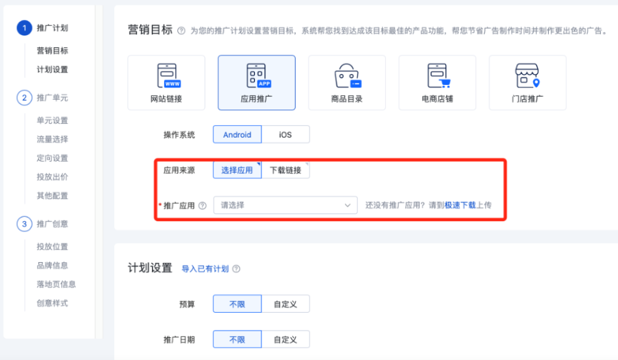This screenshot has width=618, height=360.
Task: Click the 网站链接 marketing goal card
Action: (166, 83)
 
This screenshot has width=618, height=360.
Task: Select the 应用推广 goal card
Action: (257, 83)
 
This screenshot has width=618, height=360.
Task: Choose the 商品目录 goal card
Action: (346, 83)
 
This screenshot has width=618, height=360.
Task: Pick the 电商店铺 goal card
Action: (437, 83)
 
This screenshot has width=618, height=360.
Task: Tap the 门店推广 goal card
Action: (527, 83)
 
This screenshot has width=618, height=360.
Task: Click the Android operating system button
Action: (237, 135)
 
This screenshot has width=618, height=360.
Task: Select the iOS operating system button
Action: (285, 135)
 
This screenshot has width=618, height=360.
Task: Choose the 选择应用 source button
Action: (237, 170)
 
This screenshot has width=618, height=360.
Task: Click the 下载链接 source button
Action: (285, 170)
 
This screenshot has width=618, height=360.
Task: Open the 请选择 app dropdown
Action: (285, 205)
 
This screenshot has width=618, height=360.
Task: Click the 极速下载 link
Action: (460, 205)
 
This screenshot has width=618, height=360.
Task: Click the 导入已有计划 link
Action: (205, 269)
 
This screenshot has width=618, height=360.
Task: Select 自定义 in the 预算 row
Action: (285, 304)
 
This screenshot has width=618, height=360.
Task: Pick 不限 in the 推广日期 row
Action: (237, 339)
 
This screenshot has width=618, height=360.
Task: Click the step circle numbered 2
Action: (24, 98)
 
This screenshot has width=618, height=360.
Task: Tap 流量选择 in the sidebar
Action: (53, 140)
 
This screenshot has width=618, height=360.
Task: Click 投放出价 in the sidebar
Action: (53, 177)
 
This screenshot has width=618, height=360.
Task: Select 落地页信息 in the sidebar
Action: (56, 284)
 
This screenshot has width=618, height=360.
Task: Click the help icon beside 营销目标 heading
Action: (181, 31)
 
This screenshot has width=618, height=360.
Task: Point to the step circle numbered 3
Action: (24, 224)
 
